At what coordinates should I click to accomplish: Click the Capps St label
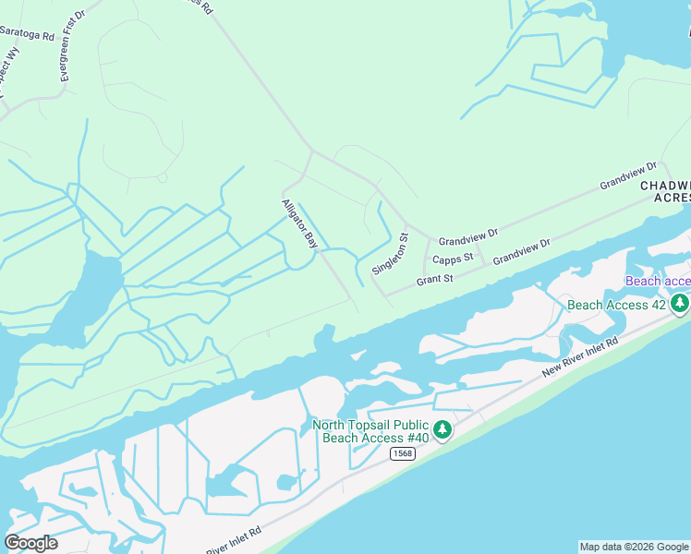453,259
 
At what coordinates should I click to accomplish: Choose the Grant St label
434,279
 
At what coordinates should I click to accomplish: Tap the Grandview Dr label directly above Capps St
467,239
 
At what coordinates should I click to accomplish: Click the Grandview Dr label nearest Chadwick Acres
627,176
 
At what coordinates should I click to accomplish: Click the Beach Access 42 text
617,304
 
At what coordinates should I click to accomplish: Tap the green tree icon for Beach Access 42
680,303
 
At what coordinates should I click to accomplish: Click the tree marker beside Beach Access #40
442,429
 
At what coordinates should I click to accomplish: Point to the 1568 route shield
402,453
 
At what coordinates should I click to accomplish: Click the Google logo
30,543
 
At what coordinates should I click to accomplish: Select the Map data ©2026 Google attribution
634,547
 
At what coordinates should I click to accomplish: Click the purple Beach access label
658,281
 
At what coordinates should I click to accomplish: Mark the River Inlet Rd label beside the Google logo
234,540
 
